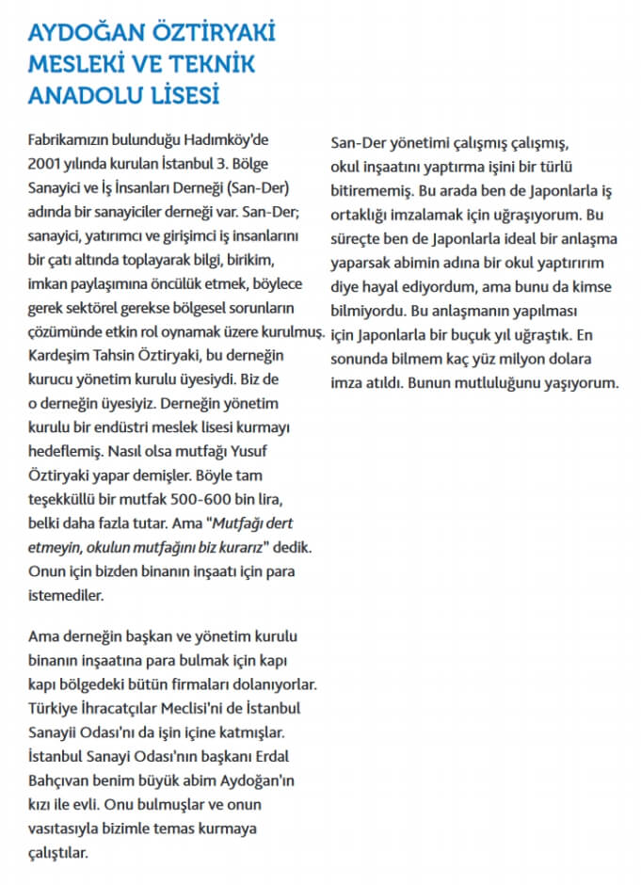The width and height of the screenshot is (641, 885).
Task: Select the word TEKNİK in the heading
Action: point(206,65)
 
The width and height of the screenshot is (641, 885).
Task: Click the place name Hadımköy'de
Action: point(227,137)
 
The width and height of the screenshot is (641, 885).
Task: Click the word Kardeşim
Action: point(58,354)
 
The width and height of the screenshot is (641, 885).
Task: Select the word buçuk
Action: point(500,334)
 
